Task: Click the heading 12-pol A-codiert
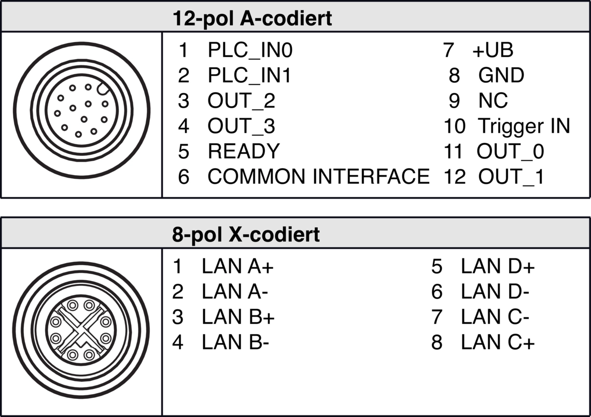(x=252, y=18)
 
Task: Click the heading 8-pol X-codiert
(x=246, y=234)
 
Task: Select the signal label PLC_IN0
(x=250, y=50)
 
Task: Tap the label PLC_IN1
(x=249, y=76)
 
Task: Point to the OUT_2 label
(x=241, y=100)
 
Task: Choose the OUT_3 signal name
(x=241, y=126)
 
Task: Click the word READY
(x=244, y=151)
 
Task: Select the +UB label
(x=492, y=50)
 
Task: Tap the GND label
(x=501, y=75)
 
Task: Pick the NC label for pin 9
(x=493, y=100)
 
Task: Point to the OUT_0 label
(x=510, y=151)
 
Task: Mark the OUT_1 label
(x=512, y=176)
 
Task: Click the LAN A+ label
(x=237, y=266)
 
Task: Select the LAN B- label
(x=235, y=342)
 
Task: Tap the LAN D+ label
(x=498, y=266)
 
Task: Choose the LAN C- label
(x=495, y=317)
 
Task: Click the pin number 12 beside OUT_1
(x=455, y=176)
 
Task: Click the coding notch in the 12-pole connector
(x=103, y=89)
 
